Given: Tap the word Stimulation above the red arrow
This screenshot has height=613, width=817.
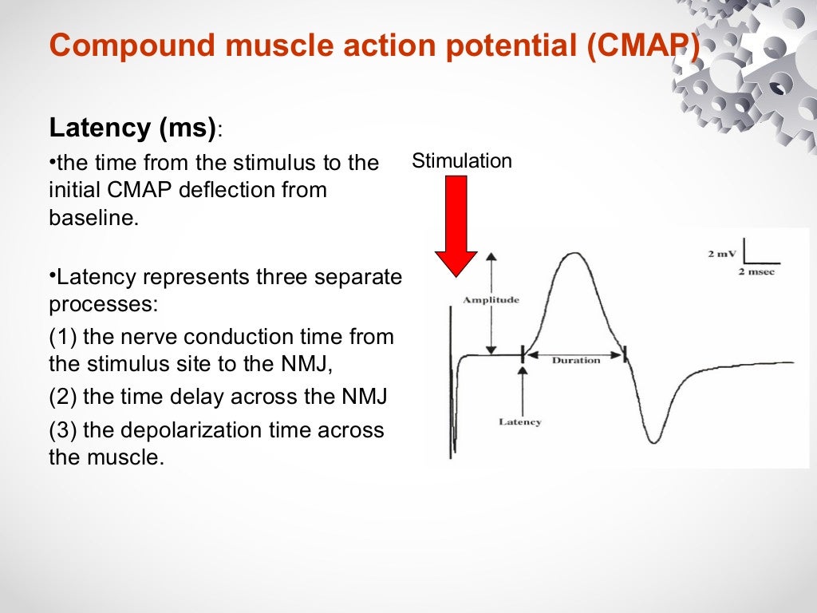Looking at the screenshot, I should coord(462,161).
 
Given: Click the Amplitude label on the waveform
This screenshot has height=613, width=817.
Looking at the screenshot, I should coord(491,300).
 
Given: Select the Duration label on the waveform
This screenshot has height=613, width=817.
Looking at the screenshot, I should coord(575,361).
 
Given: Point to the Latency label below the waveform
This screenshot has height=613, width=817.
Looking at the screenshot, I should coord(520,421).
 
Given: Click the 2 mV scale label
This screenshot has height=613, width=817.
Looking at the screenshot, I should coord(722,255).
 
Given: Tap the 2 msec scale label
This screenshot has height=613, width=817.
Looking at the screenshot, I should coord(756,272).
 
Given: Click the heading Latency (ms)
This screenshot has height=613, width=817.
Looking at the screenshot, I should coord(132,128).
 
